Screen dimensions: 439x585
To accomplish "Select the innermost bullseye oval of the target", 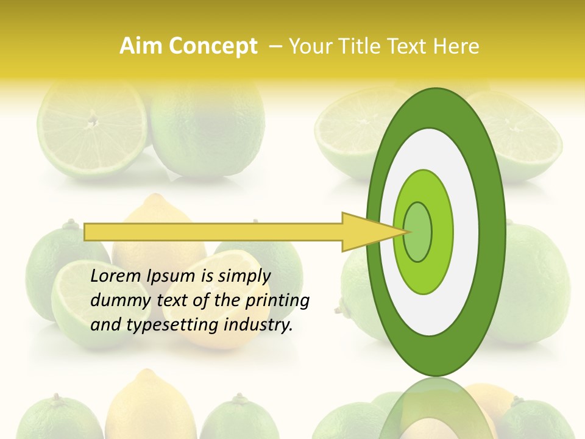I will point(418,232).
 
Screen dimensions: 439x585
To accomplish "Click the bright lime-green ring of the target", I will point(441,232).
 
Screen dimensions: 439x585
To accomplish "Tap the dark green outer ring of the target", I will point(495,232).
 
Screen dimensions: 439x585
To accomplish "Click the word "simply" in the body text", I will point(244,276).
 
